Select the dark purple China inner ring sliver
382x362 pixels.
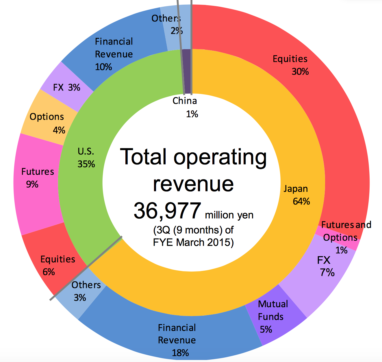pyautogui.click(x=188, y=72)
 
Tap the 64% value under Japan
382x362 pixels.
pyautogui.click(x=301, y=201)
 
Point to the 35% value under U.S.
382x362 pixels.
pyautogui.click(x=86, y=164)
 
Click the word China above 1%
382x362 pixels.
pyautogui.click(x=185, y=101)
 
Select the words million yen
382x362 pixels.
pyautogui.click(x=229, y=215)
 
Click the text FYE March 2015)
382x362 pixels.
pyautogui.click(x=193, y=242)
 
